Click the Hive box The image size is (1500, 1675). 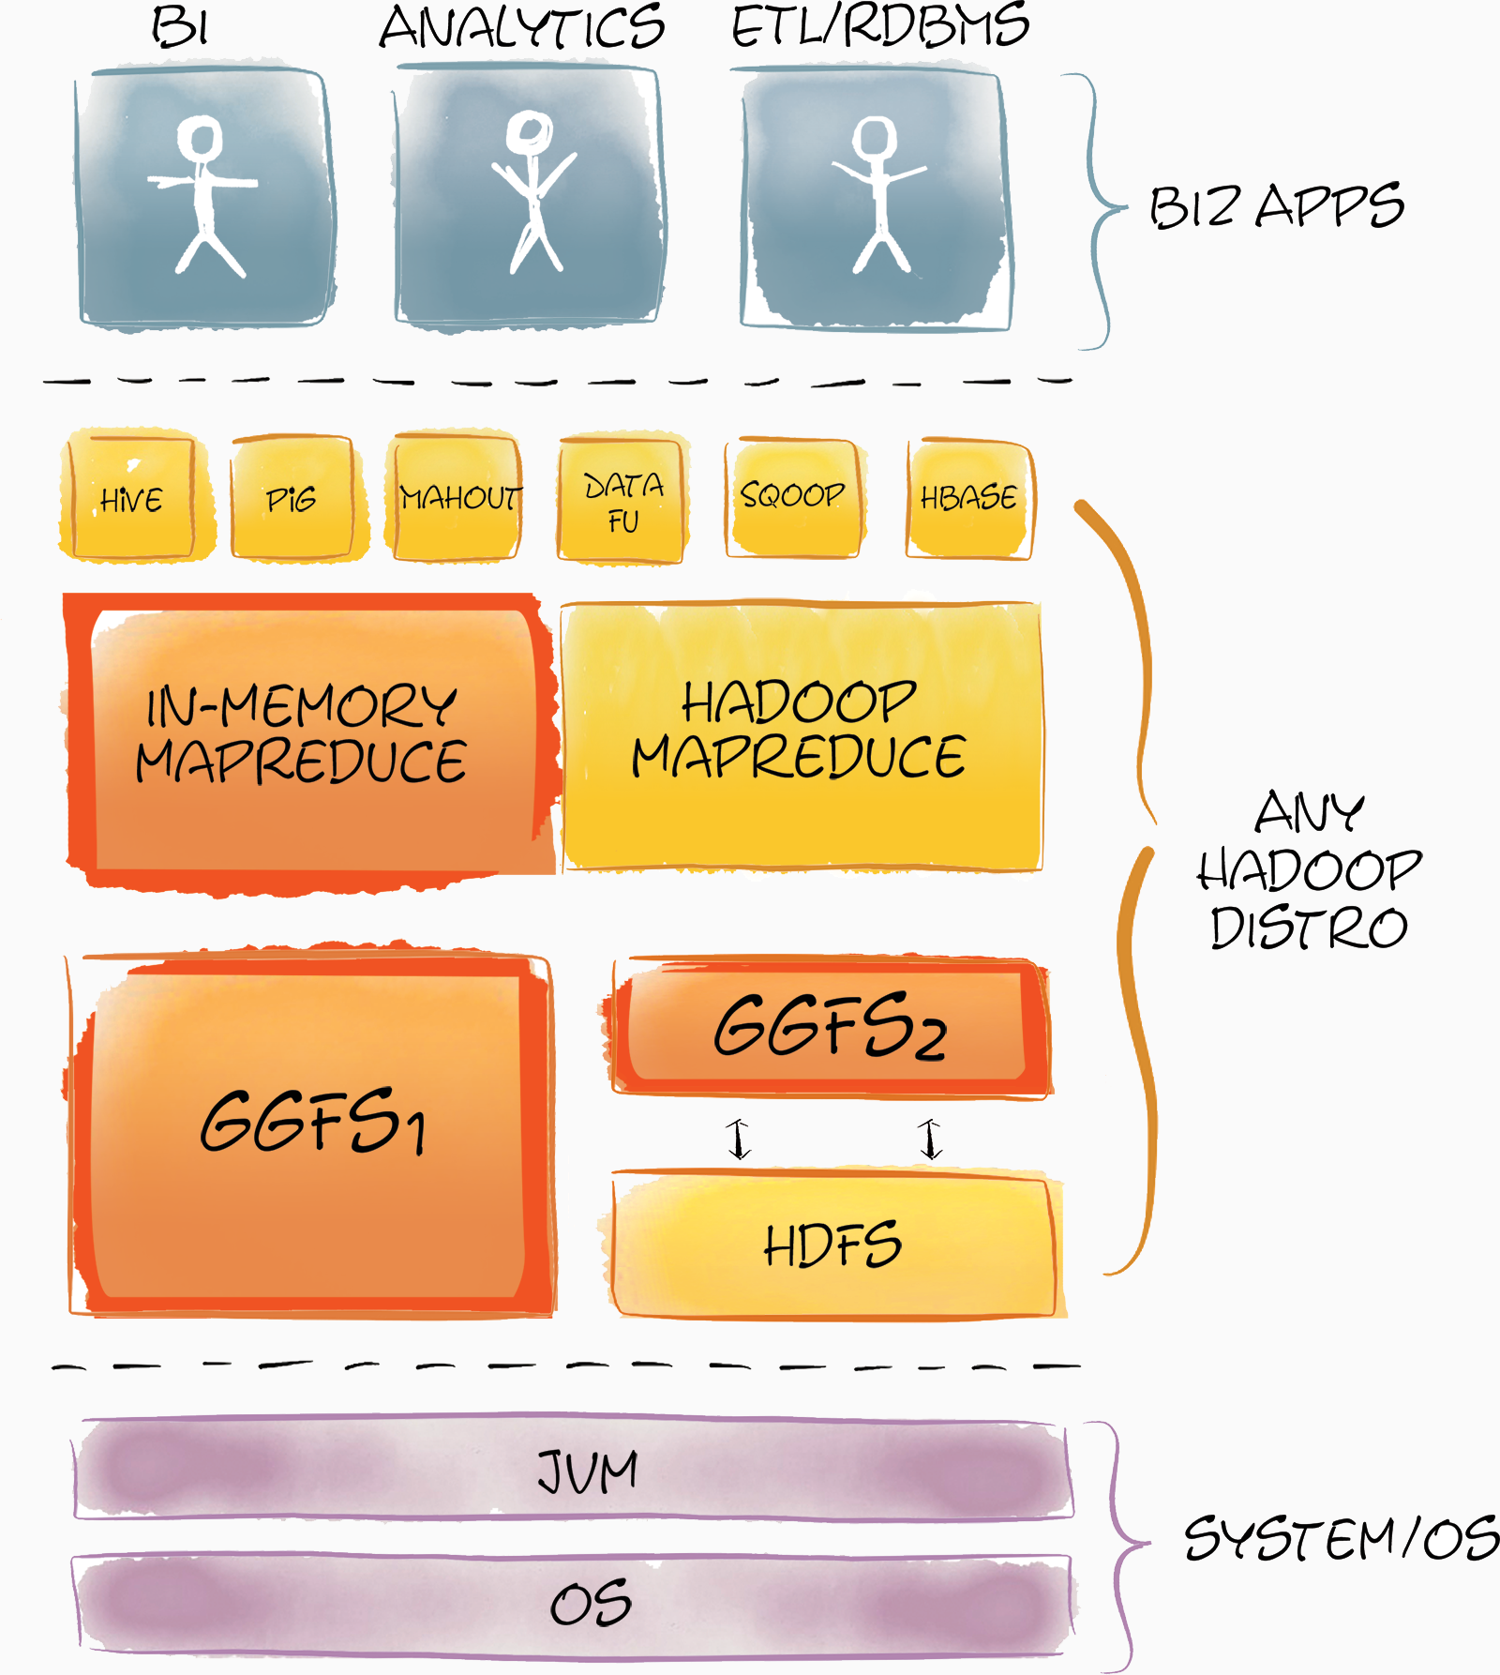[x=131, y=497]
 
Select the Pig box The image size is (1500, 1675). [x=292, y=497]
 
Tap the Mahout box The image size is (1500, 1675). [x=457, y=497]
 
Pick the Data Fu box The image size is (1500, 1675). [x=622, y=501]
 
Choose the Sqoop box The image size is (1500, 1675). [x=792, y=495]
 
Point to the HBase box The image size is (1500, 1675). [x=969, y=497]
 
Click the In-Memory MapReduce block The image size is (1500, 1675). [x=309, y=736]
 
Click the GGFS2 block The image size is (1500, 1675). [x=830, y=1027]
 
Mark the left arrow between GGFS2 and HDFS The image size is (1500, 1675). [x=739, y=1139]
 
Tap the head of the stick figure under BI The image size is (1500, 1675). [x=201, y=138]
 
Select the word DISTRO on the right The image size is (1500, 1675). [x=1309, y=928]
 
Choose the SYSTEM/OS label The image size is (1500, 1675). [x=1341, y=1538]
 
